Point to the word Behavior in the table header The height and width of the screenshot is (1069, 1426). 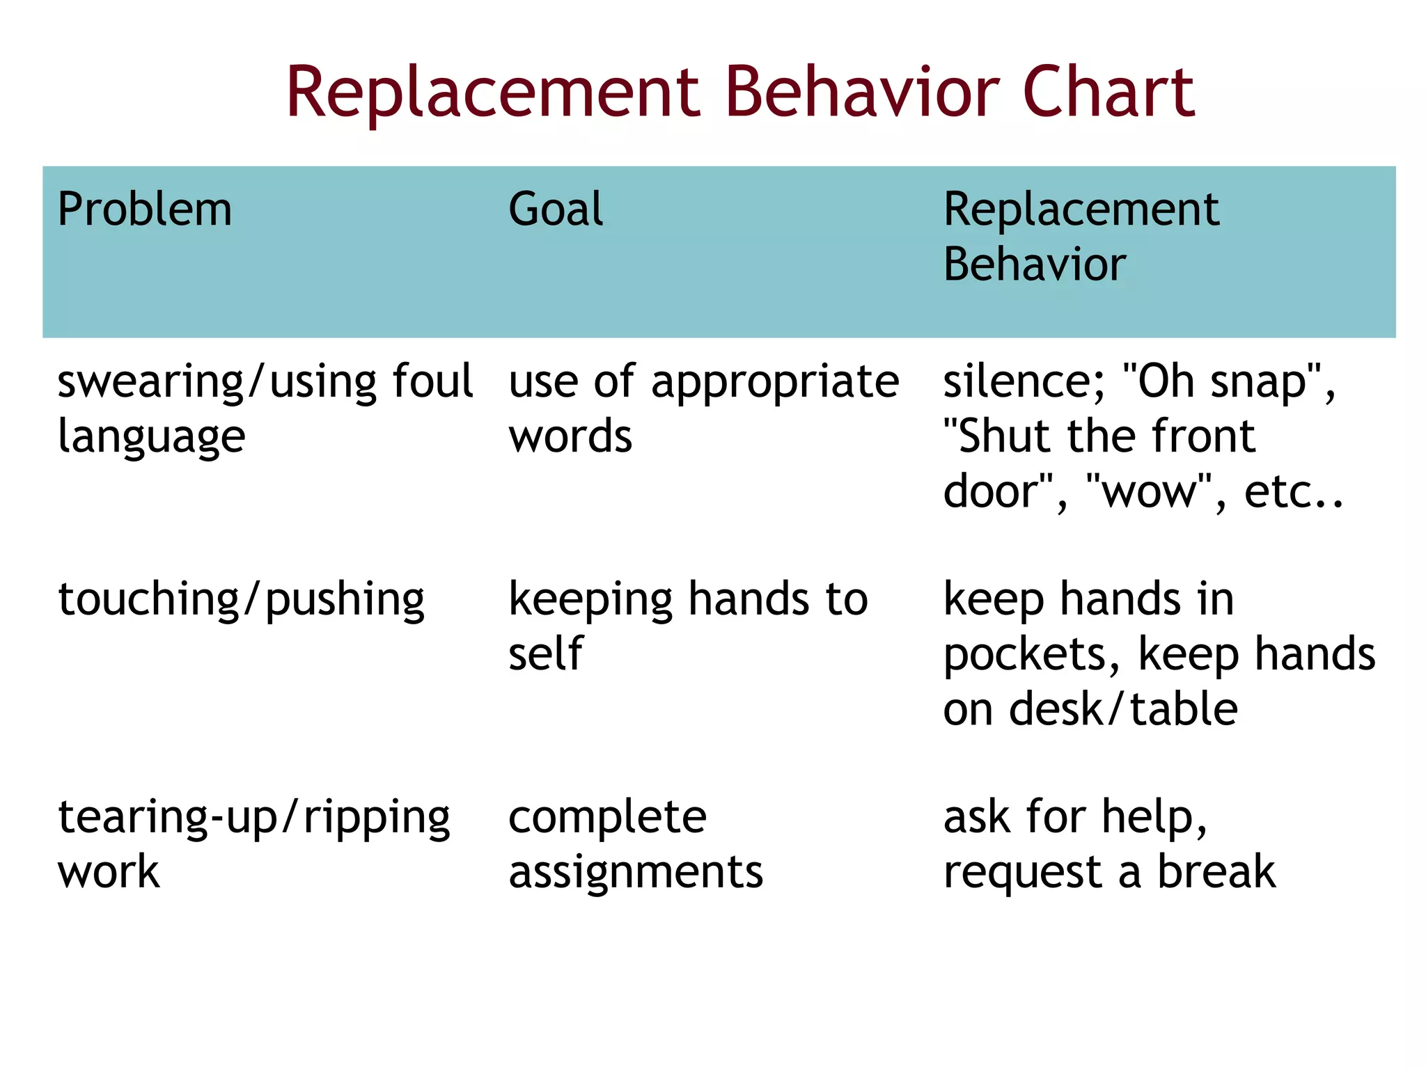tap(1035, 264)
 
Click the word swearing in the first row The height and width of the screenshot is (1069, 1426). tap(150, 383)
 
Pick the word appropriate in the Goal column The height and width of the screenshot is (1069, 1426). tap(775, 383)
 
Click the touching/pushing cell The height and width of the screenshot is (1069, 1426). tap(241, 600)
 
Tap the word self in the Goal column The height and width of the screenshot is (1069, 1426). tap(545, 654)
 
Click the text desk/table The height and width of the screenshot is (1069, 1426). tap(1123, 709)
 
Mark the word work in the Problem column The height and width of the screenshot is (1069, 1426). tap(109, 872)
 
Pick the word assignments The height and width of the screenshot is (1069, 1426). tap(636, 872)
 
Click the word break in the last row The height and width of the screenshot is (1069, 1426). tap(1216, 871)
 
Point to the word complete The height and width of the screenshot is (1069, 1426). tap(607, 818)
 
